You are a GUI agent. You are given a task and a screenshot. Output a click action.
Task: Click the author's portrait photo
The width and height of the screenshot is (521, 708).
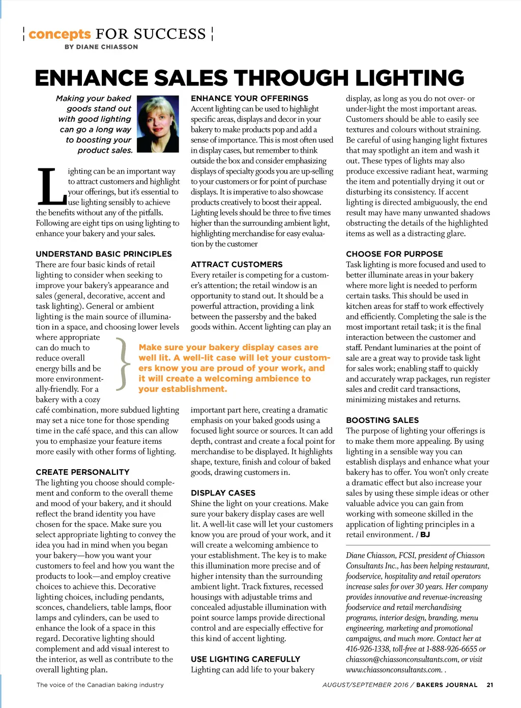(x=158, y=124)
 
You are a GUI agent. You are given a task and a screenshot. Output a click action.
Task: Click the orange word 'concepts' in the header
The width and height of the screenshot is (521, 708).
(x=60, y=34)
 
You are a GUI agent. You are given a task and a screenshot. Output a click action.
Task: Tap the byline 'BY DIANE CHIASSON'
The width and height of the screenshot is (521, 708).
(x=101, y=47)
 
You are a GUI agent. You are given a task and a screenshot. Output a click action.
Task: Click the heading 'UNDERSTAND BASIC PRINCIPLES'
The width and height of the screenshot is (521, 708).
(x=104, y=254)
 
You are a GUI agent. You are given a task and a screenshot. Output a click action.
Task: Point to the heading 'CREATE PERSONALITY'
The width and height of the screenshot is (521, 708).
(x=82, y=472)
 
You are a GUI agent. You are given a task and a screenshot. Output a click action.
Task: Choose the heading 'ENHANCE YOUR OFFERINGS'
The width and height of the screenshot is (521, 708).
(x=249, y=98)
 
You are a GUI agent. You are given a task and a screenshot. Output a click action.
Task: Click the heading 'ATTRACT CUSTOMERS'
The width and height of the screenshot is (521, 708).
(x=237, y=264)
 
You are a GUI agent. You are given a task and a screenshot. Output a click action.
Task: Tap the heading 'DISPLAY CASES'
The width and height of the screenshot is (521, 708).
(x=223, y=493)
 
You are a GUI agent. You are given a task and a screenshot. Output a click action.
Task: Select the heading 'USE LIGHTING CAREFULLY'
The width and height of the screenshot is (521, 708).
(x=245, y=659)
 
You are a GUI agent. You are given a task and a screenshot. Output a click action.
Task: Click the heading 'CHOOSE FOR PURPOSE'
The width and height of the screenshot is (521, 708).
(x=394, y=254)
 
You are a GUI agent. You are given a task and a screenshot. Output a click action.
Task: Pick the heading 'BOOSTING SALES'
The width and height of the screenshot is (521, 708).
(x=382, y=420)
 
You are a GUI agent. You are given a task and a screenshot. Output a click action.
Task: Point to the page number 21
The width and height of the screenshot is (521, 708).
(x=489, y=685)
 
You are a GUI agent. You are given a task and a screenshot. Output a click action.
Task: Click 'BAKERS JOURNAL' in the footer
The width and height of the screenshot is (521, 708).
(x=447, y=685)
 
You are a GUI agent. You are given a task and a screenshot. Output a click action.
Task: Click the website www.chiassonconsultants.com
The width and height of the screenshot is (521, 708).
(x=394, y=670)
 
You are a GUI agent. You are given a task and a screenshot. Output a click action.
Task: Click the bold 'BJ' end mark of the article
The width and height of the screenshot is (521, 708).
(x=425, y=534)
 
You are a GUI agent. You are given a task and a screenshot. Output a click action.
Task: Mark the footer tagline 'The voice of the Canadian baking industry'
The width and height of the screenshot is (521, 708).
(x=100, y=685)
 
